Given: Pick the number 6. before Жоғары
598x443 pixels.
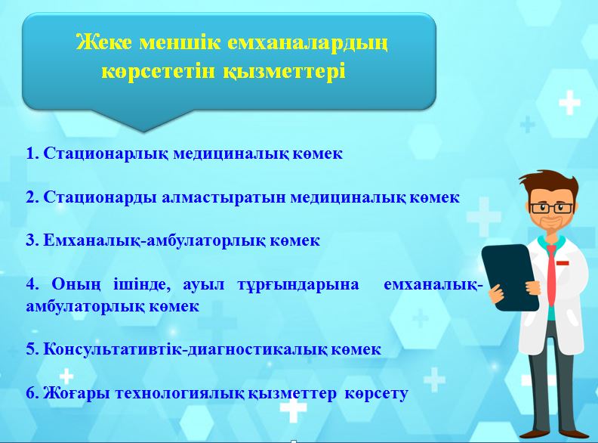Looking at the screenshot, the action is pos(32,393).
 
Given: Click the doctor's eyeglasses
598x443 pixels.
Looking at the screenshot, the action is pos(552,208).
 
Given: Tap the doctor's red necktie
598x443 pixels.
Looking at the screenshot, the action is pos(551,274).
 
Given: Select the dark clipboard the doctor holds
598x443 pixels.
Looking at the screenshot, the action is pos(510,277).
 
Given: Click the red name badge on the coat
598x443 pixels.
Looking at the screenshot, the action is pos(563,263).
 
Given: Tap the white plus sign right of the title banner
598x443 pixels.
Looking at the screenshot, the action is pos(570,102).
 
